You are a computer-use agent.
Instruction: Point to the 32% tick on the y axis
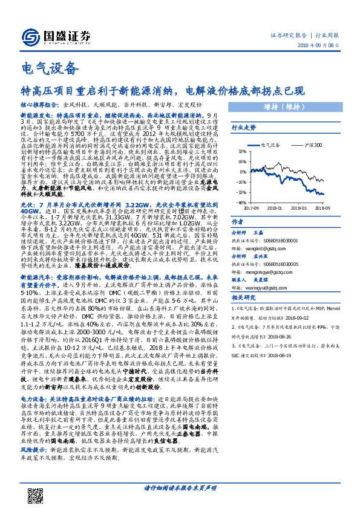[x=241, y=151]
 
